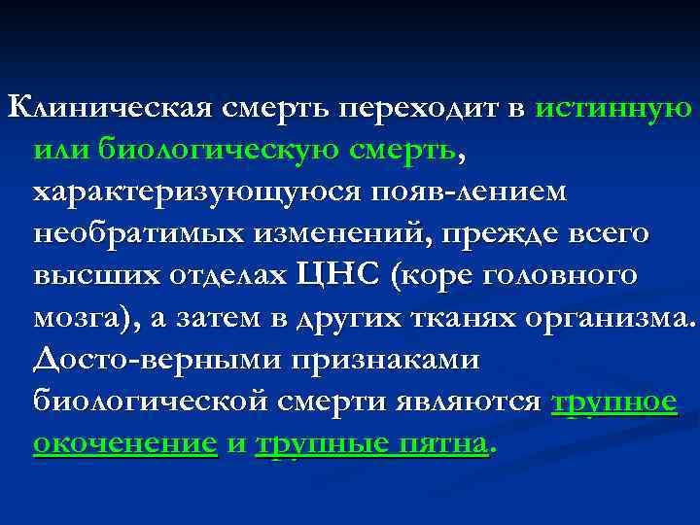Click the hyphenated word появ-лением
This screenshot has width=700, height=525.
(458, 192)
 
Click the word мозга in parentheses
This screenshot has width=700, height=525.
(82, 318)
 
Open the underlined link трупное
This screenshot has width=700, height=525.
(614, 402)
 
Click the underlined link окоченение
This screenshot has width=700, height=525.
(124, 443)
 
